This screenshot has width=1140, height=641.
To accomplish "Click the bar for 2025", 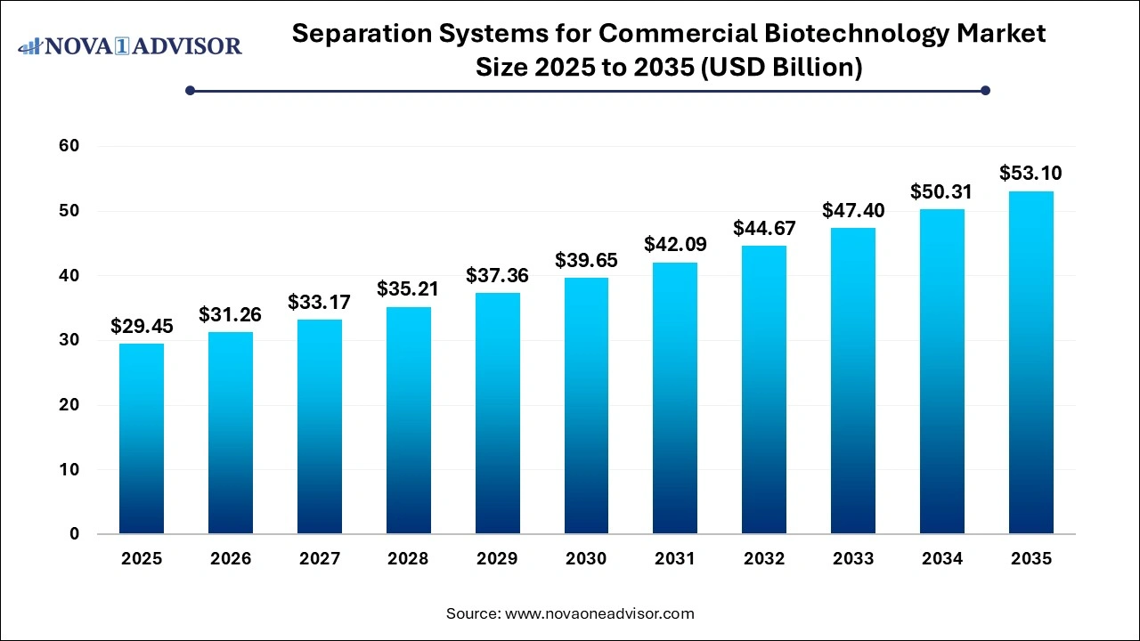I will pyautogui.click(x=142, y=438).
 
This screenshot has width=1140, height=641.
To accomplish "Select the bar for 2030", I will pyautogui.click(x=586, y=405).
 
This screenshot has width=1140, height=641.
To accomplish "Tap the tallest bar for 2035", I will pyautogui.click(x=1030, y=362).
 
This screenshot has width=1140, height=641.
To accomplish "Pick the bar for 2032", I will pyautogui.click(x=764, y=389).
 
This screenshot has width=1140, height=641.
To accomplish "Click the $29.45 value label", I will pyautogui.click(x=142, y=327).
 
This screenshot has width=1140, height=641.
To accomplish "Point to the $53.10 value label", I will pyautogui.click(x=1030, y=173).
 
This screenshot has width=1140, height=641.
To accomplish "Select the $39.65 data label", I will pyautogui.click(x=586, y=260).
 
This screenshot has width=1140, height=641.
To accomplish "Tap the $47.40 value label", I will pyautogui.click(x=853, y=210).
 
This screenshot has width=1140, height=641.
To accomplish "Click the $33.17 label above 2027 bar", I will pyautogui.click(x=319, y=302).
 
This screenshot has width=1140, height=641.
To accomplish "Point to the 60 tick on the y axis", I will pyautogui.click(x=69, y=146).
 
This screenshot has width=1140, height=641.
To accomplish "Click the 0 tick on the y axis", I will pyautogui.click(x=75, y=534).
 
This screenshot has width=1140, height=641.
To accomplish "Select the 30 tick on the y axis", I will pyautogui.click(x=69, y=340).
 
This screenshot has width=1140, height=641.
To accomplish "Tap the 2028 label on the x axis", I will pyautogui.click(x=408, y=559).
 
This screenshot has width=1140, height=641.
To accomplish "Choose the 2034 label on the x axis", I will pyautogui.click(x=942, y=559).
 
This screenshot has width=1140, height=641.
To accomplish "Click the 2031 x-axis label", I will pyautogui.click(x=675, y=559).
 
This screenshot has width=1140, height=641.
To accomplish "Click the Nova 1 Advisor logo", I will pyautogui.click(x=130, y=45).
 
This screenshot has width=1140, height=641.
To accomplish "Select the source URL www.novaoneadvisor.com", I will pyautogui.click(x=599, y=613).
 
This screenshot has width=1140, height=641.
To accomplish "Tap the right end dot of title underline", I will pyautogui.click(x=985, y=90).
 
